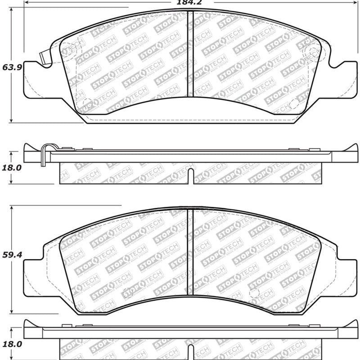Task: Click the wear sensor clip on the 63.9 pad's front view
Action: pyautogui.click(x=45, y=58)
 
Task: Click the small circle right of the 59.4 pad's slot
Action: pyautogui.click(x=254, y=292)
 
